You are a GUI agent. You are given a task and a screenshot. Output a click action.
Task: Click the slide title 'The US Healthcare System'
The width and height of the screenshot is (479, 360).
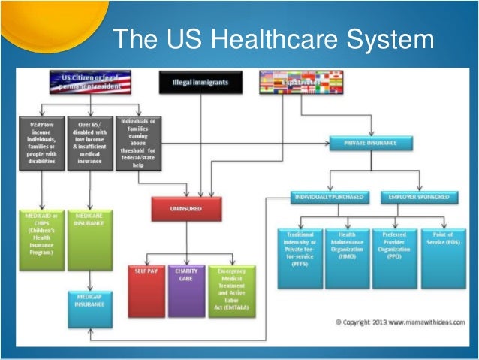(x=273, y=38)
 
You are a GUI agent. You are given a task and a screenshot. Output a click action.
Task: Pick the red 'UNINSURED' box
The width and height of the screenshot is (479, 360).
(x=186, y=208)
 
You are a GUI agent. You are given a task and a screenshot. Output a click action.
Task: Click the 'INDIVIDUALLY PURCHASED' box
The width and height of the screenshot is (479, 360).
(x=327, y=197)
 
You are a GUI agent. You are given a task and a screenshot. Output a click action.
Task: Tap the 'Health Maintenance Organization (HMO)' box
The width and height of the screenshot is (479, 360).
(x=347, y=258)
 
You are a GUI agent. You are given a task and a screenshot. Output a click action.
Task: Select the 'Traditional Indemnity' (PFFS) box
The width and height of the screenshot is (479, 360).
(x=300, y=258)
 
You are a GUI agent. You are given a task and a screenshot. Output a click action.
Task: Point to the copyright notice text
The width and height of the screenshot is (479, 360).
(x=398, y=322)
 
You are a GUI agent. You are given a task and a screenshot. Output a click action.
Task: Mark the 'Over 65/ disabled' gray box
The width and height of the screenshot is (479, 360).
(x=89, y=142)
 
